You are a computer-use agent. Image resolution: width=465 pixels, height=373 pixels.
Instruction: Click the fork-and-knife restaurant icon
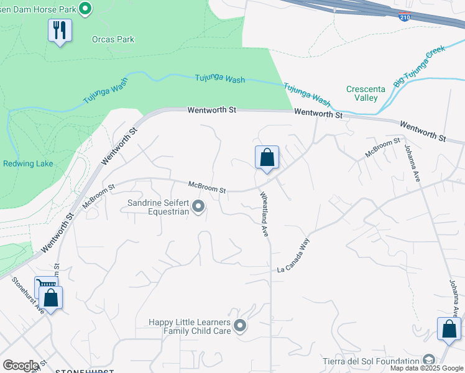tap(60, 30)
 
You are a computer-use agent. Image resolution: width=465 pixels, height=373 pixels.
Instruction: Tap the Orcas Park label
tap(113, 39)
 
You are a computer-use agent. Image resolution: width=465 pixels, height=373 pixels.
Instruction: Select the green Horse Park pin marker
tap(86, 8)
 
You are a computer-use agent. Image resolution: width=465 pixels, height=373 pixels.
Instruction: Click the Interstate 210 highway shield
tap(404, 16)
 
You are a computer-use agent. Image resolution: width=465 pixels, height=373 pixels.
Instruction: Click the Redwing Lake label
tap(28, 163)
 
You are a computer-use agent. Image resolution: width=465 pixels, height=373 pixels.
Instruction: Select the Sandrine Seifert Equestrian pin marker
tap(198, 206)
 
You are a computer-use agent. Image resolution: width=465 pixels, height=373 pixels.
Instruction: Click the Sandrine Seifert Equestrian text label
tap(158, 207)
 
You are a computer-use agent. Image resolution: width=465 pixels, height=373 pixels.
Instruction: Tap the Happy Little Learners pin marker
tap(240, 325)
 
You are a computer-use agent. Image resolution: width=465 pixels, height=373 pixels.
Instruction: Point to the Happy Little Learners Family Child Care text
tap(189, 326)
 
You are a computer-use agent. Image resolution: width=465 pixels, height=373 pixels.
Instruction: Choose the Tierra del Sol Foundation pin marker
tap(428, 360)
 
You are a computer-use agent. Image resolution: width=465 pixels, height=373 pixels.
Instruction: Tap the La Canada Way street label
tap(293, 255)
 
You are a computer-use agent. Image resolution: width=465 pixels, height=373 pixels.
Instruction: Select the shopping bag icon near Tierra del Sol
tap(449, 329)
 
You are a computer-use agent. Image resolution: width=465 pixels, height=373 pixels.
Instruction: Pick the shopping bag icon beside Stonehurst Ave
tap(52, 297)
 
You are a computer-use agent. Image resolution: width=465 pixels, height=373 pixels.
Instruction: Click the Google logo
tap(21, 366)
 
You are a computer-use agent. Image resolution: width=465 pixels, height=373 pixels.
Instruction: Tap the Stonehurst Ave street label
tap(27, 295)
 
